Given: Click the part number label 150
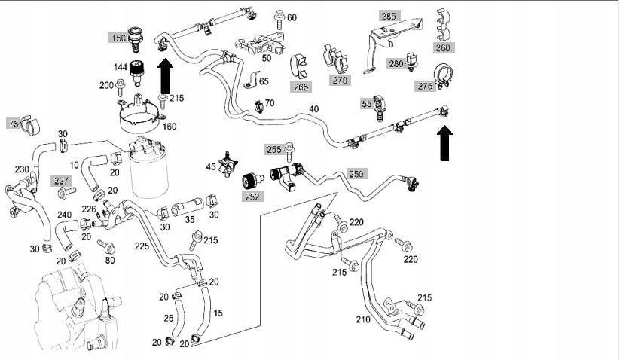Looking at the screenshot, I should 119,38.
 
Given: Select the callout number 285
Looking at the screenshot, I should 388,16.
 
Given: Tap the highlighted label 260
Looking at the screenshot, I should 444,47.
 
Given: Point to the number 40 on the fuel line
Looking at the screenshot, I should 313,109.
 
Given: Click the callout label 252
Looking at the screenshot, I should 252,197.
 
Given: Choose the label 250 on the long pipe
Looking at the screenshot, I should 356,174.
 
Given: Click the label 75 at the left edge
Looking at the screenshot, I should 14,123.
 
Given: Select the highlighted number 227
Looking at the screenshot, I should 61,180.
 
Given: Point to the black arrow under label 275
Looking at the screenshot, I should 445,142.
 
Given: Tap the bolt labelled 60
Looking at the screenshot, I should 278,15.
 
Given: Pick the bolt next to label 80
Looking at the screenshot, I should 110,247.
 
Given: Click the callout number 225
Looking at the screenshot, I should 142,245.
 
